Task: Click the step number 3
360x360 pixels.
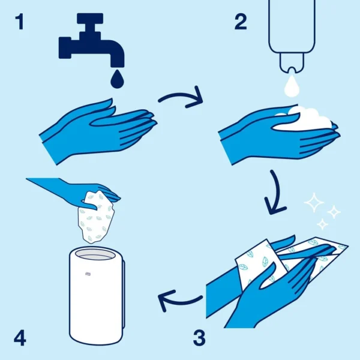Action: (x=199, y=337)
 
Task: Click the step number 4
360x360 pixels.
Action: (x=20, y=338)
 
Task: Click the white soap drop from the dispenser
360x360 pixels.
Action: (x=292, y=86)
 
